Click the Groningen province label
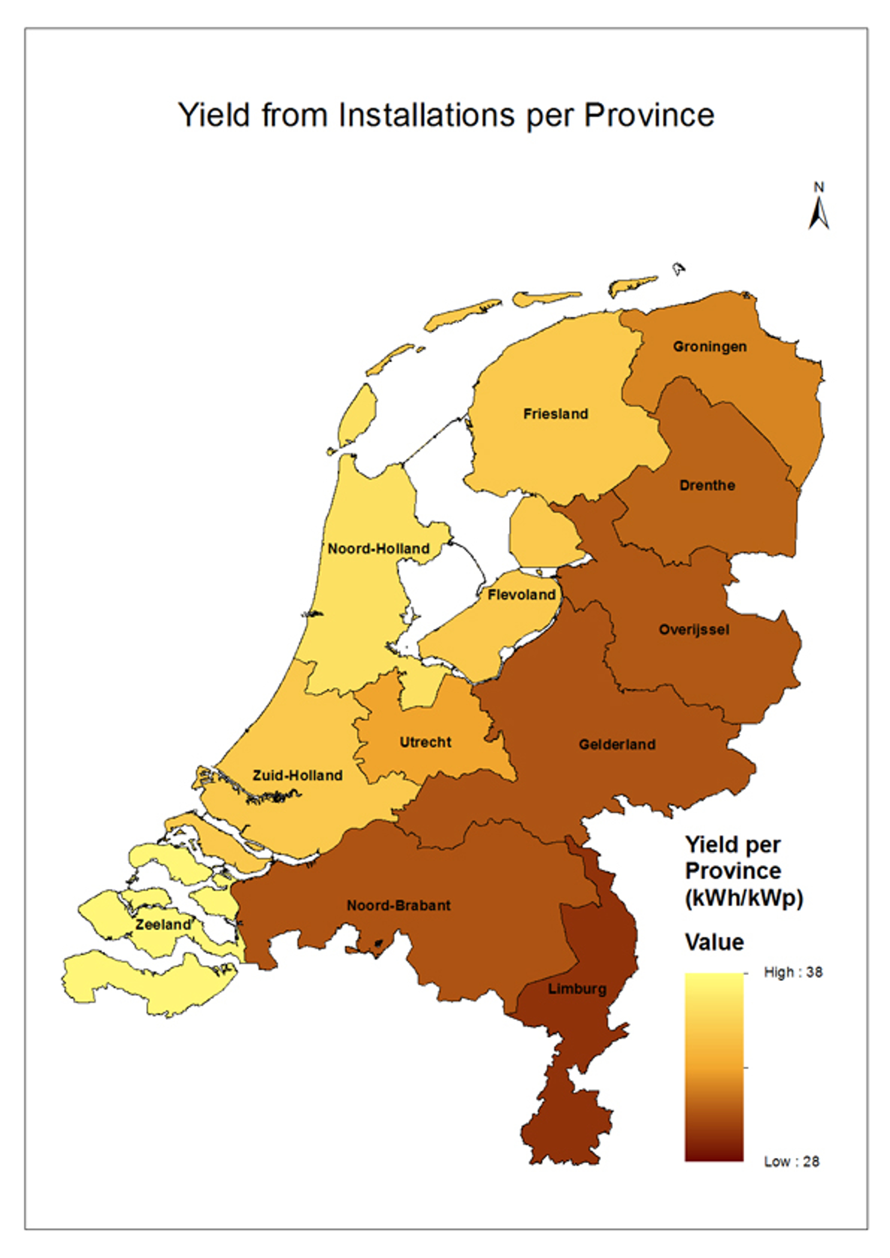coord(709,347)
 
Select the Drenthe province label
coord(707,485)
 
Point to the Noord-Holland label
coord(378,548)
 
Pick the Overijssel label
coord(694,629)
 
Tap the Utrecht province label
coord(425,743)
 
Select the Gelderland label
coord(617,745)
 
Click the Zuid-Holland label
coord(297,776)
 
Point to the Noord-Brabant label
coord(399,905)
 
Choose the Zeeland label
coord(163,924)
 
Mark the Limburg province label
coord(577,989)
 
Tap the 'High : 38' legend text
coord(793,972)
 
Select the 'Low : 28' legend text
coord(791,1162)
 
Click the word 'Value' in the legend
coord(714,942)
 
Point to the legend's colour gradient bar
coord(713,1066)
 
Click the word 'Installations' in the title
coord(426,115)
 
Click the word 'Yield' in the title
coord(214,115)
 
